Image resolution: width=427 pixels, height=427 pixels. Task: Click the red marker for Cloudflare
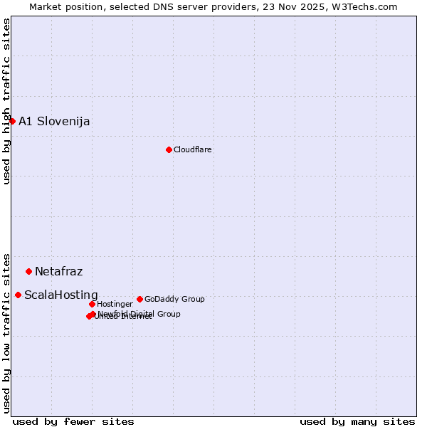coord(169,149)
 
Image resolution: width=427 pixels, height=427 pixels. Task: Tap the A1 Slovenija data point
coord(12,121)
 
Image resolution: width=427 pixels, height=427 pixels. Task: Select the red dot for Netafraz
coord(28,271)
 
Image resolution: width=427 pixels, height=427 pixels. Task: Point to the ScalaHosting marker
coord(18,295)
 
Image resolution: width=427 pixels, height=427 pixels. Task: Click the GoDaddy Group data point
coord(139,299)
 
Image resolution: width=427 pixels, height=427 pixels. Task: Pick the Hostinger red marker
coord(92,304)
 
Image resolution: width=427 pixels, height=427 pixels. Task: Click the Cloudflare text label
coord(193,149)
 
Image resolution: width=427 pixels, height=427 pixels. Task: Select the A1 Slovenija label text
coord(54,121)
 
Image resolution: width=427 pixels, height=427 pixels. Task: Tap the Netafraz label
coord(58,271)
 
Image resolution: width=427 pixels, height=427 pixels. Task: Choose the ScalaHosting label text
coord(61,295)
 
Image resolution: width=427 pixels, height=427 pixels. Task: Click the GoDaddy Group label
coord(174,299)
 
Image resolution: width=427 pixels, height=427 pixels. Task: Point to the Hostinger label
coord(115,304)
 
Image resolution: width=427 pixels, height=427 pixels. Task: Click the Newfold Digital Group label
coord(139,313)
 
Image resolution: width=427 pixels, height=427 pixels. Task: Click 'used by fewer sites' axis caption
coord(73,421)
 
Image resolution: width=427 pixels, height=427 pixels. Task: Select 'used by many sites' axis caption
coord(357,421)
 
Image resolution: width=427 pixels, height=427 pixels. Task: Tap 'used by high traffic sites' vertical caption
coord(6,101)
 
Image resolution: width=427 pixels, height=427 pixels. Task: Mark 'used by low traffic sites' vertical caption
coord(6,332)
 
